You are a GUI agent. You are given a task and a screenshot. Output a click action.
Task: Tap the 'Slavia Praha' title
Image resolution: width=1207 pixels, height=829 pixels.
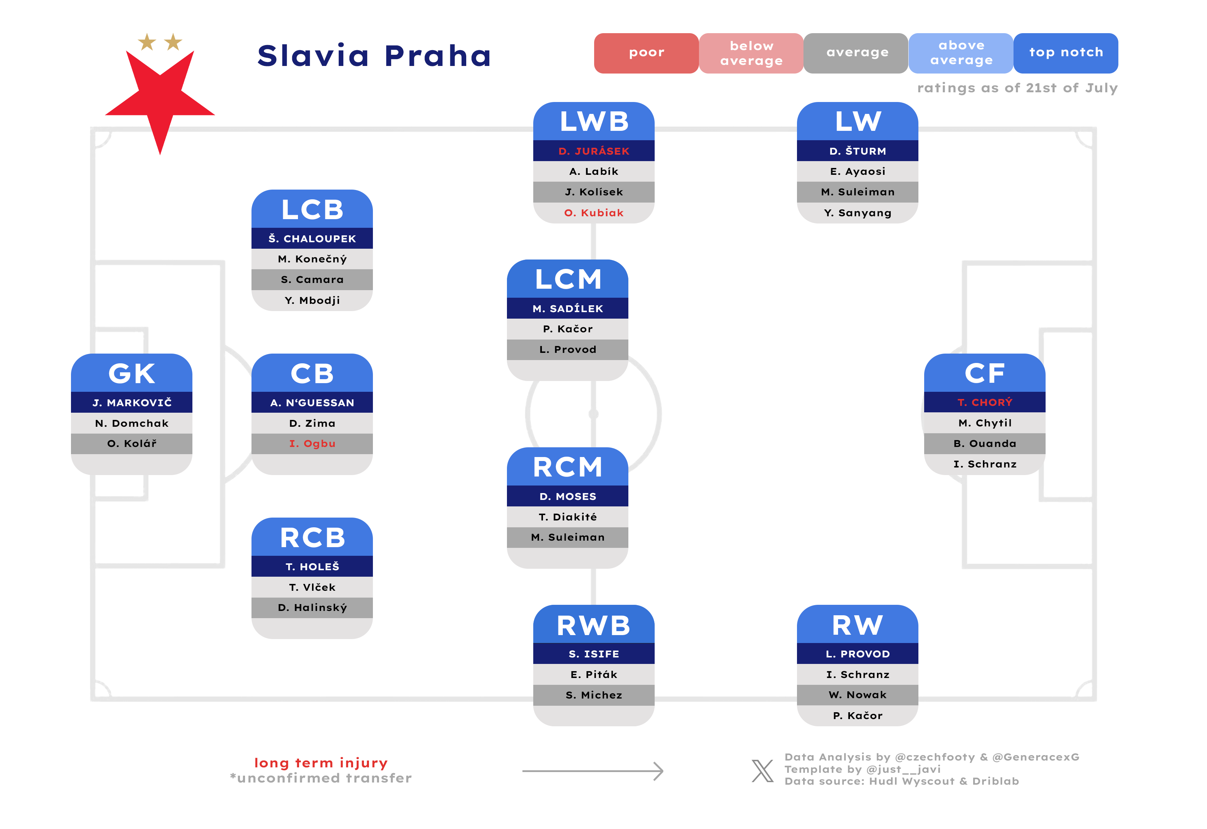click(x=374, y=56)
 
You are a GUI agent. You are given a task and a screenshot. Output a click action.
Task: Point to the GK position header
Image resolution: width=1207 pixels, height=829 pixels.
click(x=132, y=373)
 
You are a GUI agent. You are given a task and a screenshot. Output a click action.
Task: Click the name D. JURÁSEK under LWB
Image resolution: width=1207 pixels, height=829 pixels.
click(x=594, y=151)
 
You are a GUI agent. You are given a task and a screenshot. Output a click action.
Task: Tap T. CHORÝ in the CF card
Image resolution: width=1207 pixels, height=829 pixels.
click(x=985, y=403)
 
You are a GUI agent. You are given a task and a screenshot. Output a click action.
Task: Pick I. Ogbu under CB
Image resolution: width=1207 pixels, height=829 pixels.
click(x=312, y=444)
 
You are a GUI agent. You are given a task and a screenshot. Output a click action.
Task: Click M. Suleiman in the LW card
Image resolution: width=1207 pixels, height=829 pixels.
click(x=858, y=192)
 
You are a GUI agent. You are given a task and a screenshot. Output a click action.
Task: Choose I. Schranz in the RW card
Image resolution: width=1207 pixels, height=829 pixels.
click(x=858, y=675)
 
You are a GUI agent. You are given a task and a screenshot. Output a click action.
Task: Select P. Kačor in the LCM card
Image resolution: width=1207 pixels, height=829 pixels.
click(x=568, y=329)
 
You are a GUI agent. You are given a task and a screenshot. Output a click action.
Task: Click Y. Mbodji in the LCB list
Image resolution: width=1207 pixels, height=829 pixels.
click(x=312, y=300)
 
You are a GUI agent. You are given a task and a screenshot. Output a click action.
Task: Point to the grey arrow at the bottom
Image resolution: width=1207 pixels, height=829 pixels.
click(x=593, y=771)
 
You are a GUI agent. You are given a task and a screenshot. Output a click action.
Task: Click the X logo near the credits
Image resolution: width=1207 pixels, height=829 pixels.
click(x=762, y=771)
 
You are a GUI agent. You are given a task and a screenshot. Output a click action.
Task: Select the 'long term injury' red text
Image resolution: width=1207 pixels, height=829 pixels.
click(x=321, y=763)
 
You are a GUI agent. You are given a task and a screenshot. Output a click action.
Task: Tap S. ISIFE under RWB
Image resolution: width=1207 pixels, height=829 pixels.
click(x=594, y=654)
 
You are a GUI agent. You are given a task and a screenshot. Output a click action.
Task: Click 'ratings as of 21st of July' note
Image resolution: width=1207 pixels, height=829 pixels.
click(x=1017, y=88)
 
